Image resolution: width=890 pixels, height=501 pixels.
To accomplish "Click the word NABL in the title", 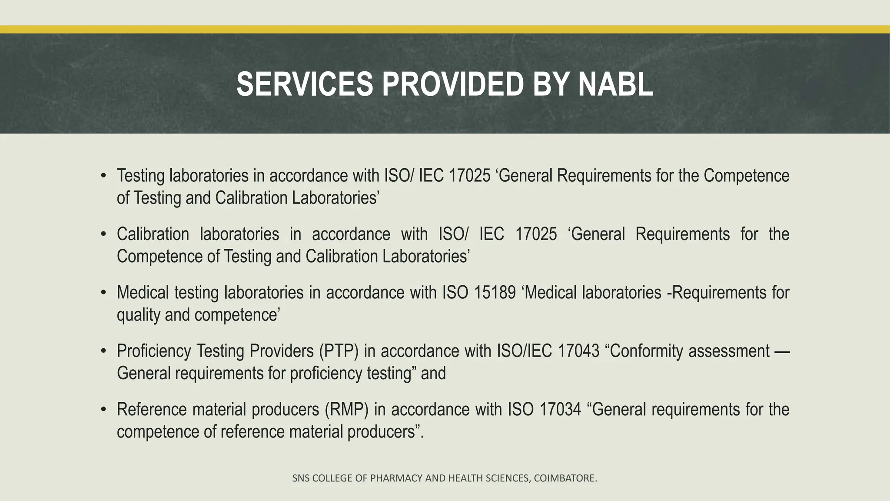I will click(x=615, y=84).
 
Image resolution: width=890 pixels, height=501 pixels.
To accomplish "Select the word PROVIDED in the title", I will click(x=452, y=84).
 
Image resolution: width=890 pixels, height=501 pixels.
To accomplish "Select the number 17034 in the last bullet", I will click(x=560, y=410).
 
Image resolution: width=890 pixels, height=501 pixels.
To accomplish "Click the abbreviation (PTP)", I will click(x=339, y=351).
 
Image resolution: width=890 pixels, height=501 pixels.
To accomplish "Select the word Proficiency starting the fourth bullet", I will click(x=154, y=351).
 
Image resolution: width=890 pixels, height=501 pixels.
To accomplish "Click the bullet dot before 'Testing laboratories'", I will click(x=103, y=176).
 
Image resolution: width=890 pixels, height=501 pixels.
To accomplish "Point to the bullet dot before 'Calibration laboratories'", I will click(x=103, y=234).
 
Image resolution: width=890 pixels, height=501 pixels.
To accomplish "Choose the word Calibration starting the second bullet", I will click(x=153, y=234).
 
